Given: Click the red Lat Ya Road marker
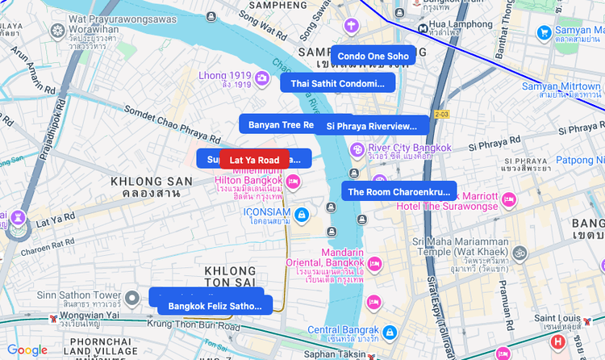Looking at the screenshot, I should tap(254, 160).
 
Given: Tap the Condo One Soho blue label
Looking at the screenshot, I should tap(373, 56).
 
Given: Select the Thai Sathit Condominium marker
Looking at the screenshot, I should tap(337, 83).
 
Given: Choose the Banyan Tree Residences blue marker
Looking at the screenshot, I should tap(279, 124).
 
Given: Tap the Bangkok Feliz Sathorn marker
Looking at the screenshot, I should tap(215, 306).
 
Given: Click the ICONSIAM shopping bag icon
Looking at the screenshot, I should tap(301, 214).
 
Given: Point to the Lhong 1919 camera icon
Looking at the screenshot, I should tap(262, 77).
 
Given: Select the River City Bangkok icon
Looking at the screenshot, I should tap(357, 149).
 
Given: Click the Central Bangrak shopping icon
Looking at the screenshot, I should tap(389, 332).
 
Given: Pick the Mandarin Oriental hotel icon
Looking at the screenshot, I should tap(373, 263).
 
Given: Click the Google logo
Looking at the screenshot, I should tap(27, 350).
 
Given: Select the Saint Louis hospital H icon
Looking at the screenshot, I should tap(557, 342).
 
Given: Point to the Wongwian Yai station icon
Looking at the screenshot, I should tap(53, 319).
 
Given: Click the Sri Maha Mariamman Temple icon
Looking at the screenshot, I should tap(520, 253).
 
